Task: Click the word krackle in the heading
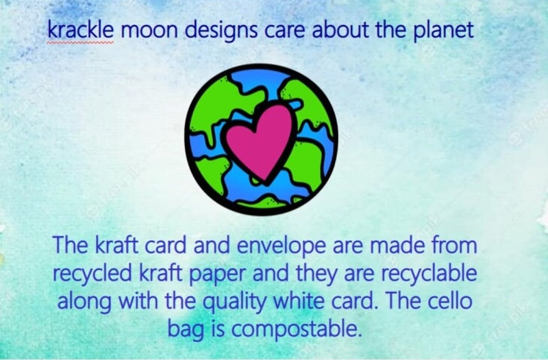[x=81, y=29]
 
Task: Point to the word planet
[x=443, y=30]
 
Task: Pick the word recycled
[x=92, y=274]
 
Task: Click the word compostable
[x=295, y=330]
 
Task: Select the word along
[x=84, y=302]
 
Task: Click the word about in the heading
[x=340, y=30]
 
